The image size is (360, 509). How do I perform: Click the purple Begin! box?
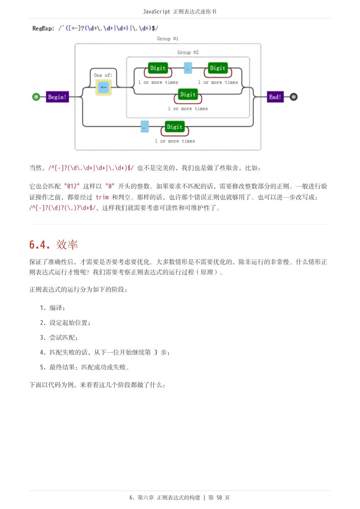click(x=57, y=97)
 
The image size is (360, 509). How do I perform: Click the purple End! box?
click(x=275, y=97)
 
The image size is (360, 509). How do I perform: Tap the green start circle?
click(x=36, y=97)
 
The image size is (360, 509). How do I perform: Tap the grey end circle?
click(x=294, y=97)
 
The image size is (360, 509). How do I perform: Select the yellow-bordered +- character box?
click(x=103, y=87)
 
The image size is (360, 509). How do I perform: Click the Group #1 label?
click(x=167, y=39)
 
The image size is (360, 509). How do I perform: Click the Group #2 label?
click(x=188, y=52)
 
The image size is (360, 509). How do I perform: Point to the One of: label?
click(x=103, y=75)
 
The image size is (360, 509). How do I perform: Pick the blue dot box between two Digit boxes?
click(x=188, y=68)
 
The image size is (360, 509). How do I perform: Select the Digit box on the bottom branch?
click(x=175, y=127)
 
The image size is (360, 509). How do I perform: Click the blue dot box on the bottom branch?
click(x=145, y=127)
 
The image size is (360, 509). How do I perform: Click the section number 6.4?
click(x=40, y=245)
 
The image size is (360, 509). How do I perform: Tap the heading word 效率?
click(x=67, y=245)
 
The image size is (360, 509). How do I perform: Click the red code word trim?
click(x=102, y=197)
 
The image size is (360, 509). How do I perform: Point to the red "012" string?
click(x=72, y=186)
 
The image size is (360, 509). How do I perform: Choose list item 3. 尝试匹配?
click(x=59, y=338)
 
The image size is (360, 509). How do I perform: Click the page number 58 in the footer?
click(x=219, y=498)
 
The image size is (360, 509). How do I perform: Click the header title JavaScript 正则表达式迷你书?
click(x=179, y=12)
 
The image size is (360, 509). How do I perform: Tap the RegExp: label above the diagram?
click(x=43, y=28)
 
